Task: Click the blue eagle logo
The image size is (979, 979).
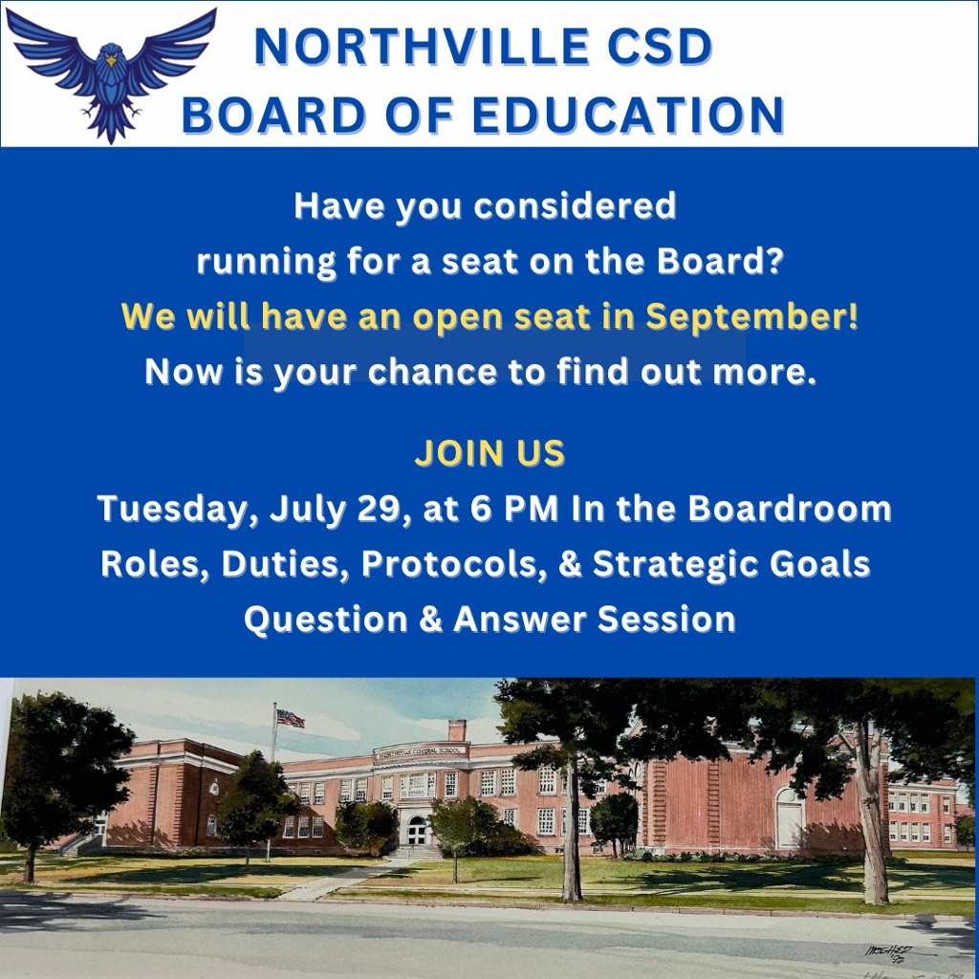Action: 111,74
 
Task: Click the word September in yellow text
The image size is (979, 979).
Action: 751,316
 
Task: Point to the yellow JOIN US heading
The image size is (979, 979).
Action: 489,452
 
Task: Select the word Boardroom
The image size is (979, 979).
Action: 790,509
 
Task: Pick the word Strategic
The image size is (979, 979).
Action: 676,564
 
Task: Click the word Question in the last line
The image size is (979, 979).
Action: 325,620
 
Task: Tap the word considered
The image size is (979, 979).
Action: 575,206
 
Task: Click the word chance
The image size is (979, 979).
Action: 431,372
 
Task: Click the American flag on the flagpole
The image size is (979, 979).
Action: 291,719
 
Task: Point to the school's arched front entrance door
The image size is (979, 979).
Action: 417,831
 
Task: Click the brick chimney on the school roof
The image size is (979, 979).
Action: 457,729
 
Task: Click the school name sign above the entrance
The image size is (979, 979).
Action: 420,751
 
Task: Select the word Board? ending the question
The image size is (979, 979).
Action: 720,261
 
